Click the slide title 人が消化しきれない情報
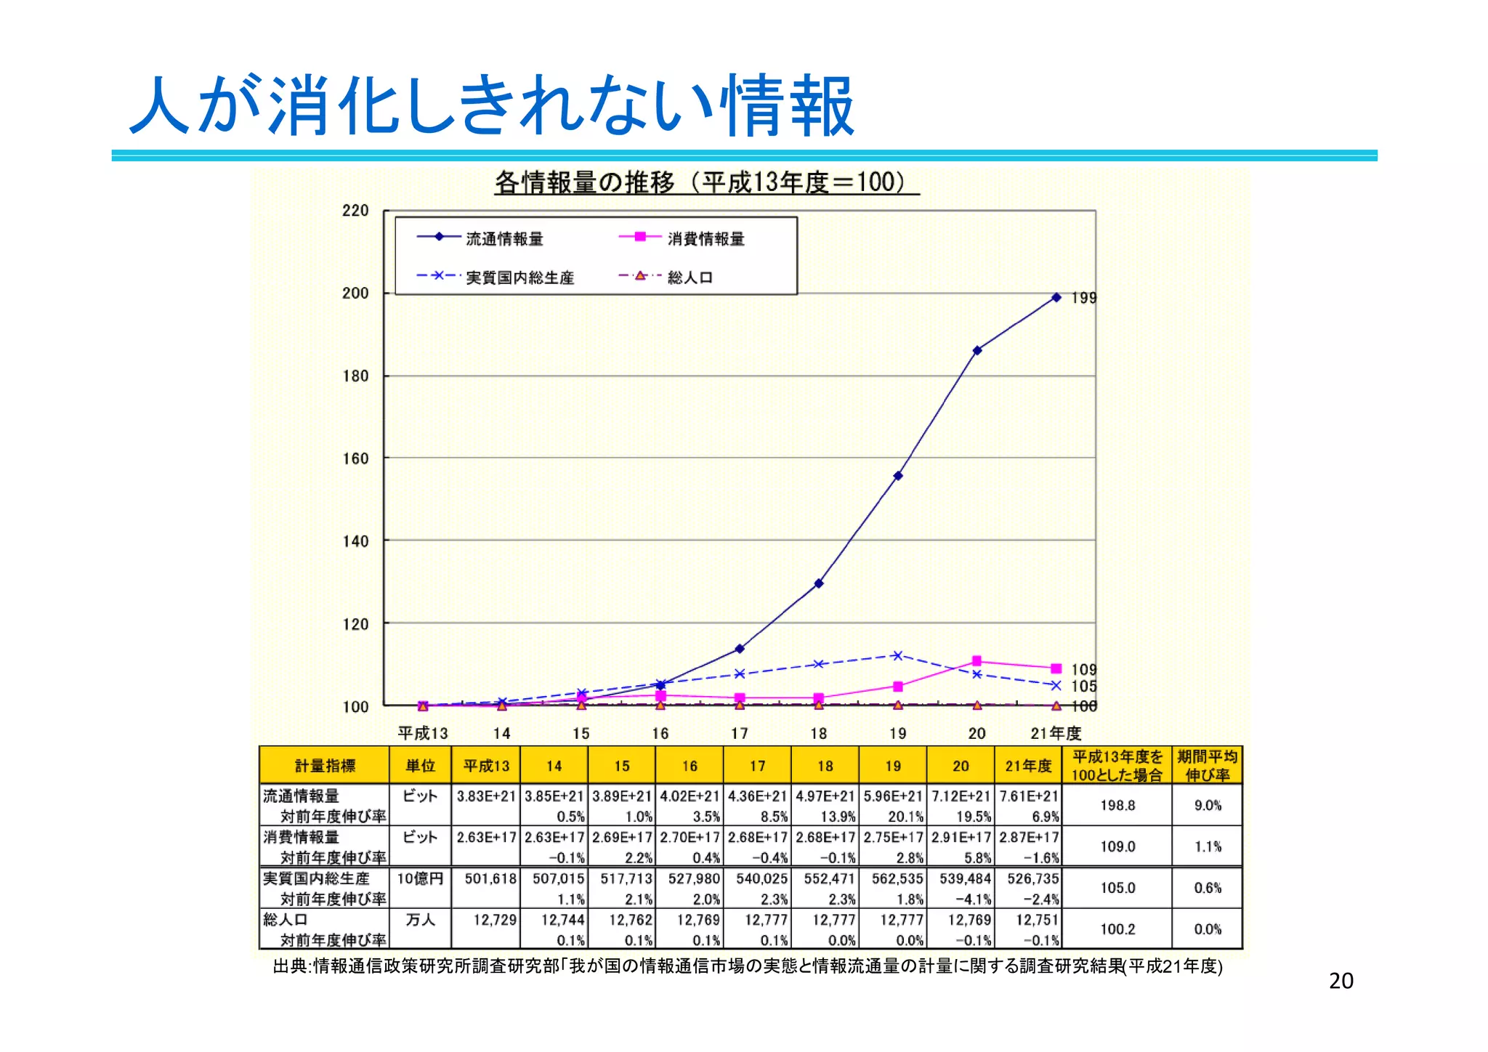[491, 106]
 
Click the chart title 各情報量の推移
[706, 182]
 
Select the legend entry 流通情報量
[504, 238]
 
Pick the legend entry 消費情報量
[705, 238]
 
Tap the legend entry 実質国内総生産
[519, 278]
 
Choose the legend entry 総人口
[690, 278]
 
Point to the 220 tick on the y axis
[355, 211]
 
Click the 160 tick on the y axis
[355, 458]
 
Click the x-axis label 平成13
[423, 733]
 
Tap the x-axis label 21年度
[1056, 733]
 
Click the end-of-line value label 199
[1083, 298]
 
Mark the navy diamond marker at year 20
[977, 350]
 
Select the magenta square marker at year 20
[976, 660]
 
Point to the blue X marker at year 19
[897, 655]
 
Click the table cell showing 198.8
[1117, 805]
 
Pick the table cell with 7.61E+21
[1028, 796]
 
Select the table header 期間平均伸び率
[1207, 766]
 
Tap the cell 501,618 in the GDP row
[490, 879]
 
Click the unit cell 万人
[420, 920]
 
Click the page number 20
[1341, 981]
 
